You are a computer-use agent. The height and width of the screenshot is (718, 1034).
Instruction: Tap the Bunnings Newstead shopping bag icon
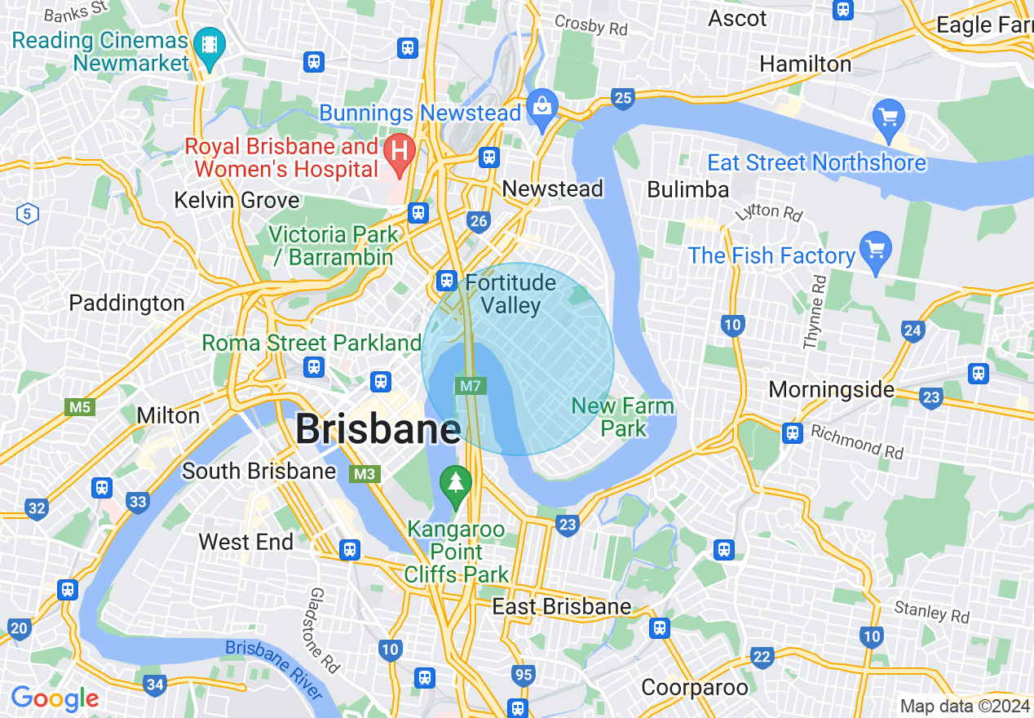(x=541, y=106)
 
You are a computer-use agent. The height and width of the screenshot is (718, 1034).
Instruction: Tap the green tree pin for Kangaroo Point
(x=455, y=482)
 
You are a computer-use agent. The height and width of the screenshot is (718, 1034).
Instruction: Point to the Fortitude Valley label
(x=510, y=295)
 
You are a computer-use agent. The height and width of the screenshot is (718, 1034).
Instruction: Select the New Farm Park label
(x=622, y=417)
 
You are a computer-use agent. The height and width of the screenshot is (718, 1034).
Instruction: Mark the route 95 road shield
(x=524, y=675)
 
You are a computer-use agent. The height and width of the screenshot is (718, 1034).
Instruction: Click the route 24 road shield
(x=913, y=330)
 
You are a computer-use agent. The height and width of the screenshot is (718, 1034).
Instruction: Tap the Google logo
(x=55, y=698)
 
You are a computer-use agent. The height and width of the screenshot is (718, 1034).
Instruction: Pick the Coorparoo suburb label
(x=695, y=688)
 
